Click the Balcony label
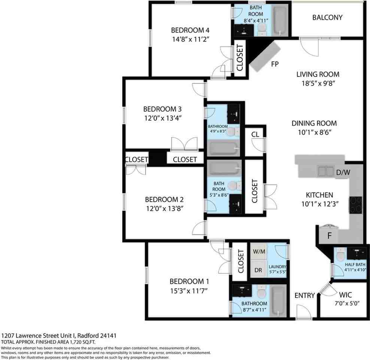click(x=327, y=18)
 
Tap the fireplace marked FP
click(x=265, y=56)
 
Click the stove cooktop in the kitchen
click(x=356, y=205)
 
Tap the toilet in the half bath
click(x=340, y=256)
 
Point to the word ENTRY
click(x=304, y=295)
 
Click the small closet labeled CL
click(x=255, y=135)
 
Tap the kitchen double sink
click(x=326, y=171)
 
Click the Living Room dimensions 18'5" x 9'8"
click(x=318, y=83)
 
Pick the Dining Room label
click(x=314, y=123)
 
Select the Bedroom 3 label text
click(x=162, y=109)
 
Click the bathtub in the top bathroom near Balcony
click(x=279, y=20)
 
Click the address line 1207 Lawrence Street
click(x=60, y=336)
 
